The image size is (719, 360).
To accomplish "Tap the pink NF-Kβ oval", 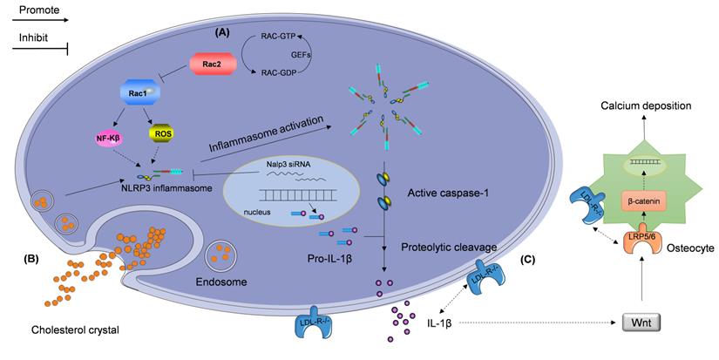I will (113, 135).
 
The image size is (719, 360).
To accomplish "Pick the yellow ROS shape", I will (161, 133).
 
